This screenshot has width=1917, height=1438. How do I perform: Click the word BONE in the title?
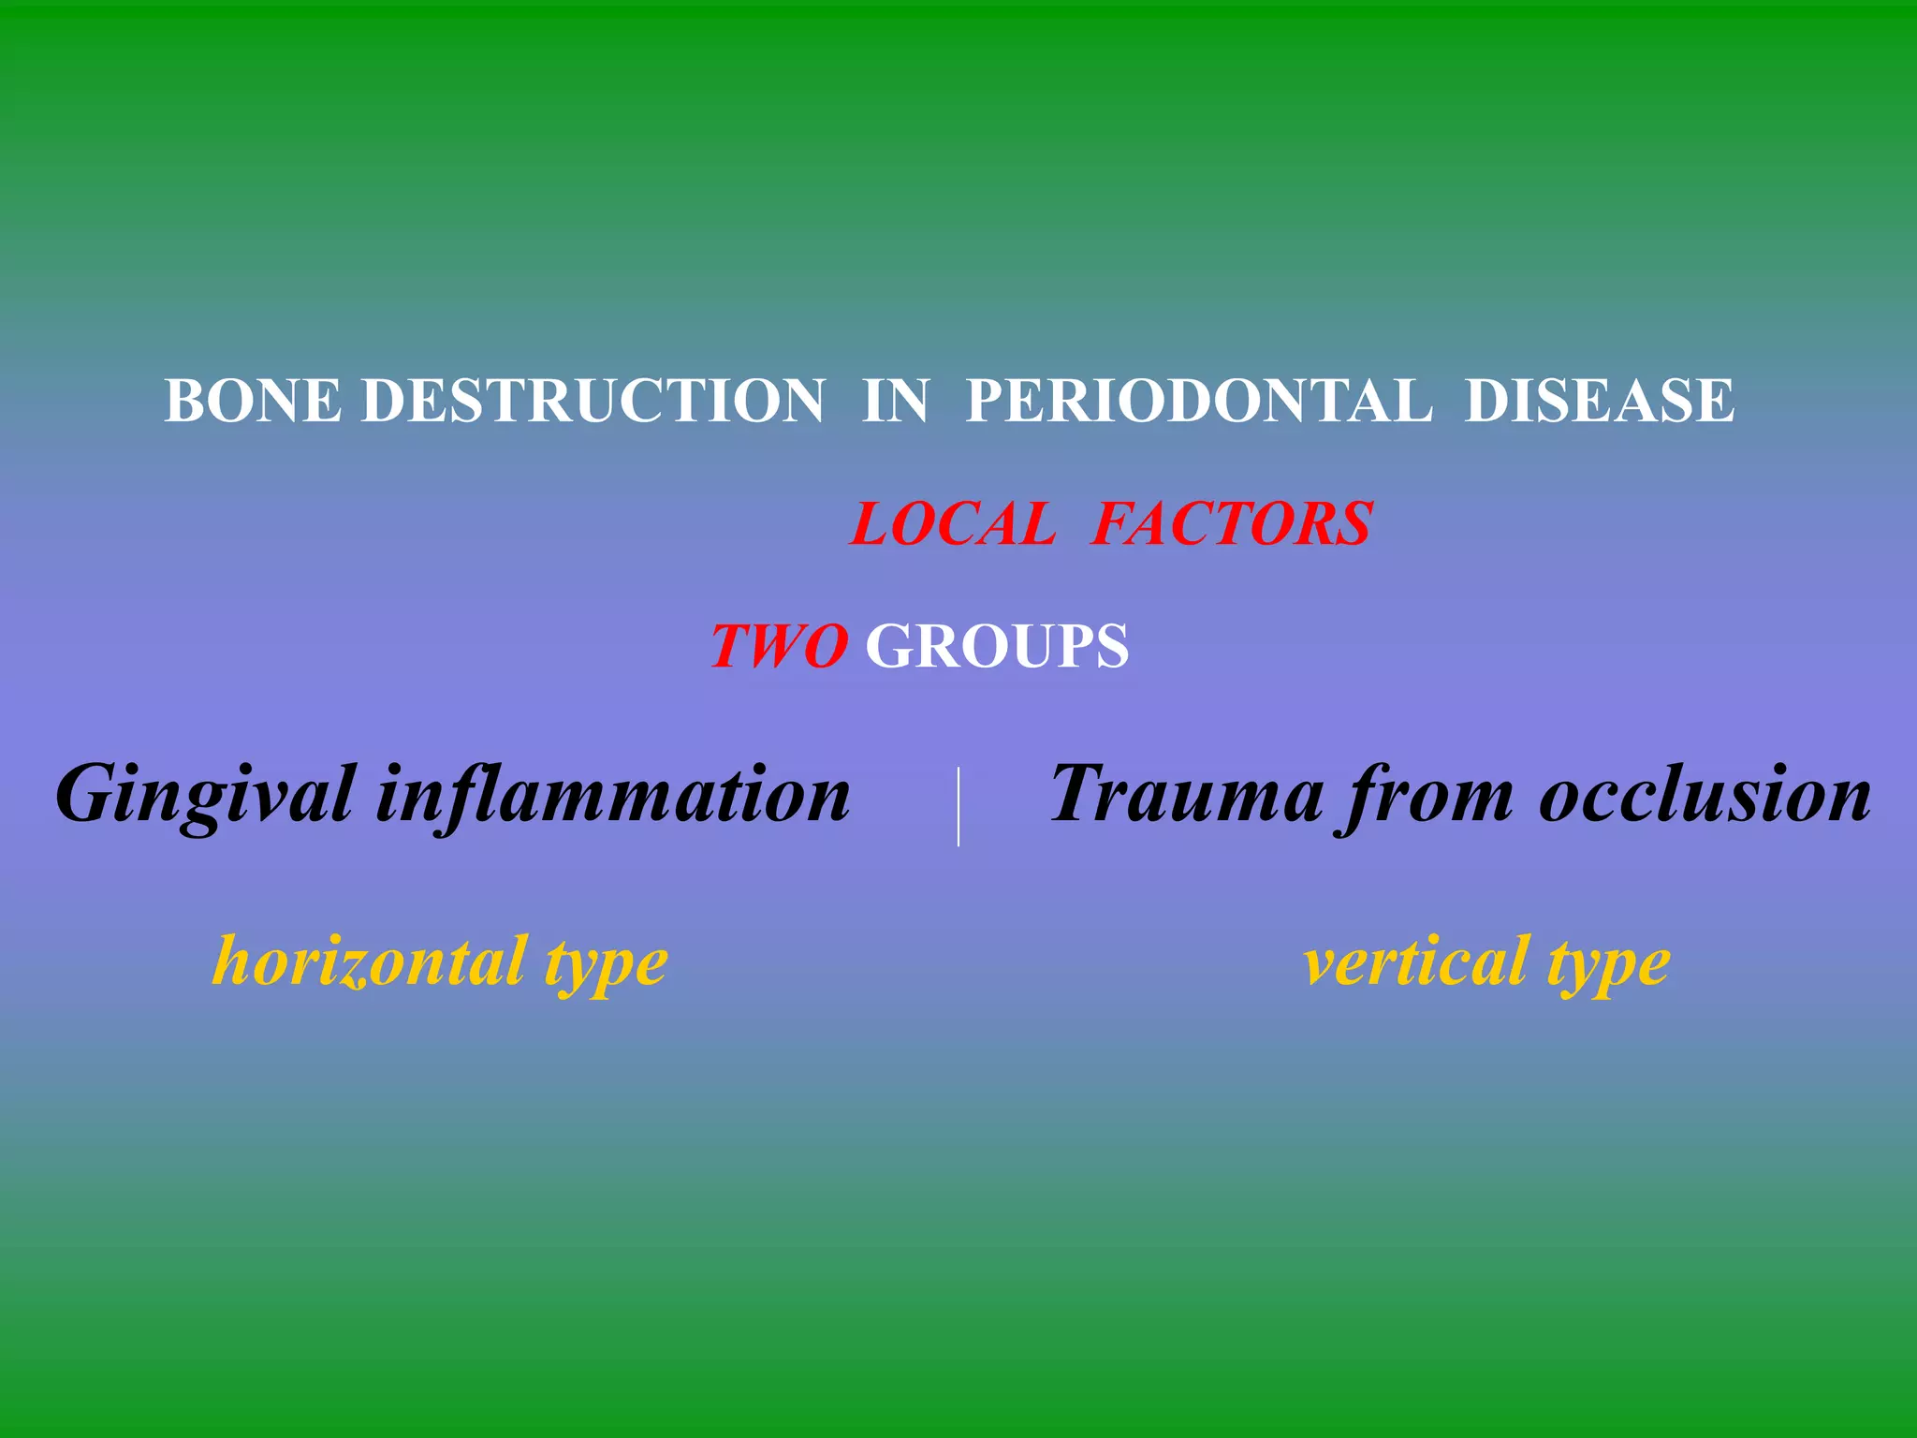click(253, 401)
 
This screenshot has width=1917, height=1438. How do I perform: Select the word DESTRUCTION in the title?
click(593, 401)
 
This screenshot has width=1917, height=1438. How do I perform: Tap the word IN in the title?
click(896, 401)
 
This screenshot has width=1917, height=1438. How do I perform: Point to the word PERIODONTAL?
click(1198, 401)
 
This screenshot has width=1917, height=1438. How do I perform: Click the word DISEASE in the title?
click(1600, 401)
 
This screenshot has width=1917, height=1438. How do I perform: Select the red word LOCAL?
click(954, 523)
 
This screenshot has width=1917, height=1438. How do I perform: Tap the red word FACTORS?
click(1233, 523)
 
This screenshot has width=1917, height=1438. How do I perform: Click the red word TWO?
click(780, 646)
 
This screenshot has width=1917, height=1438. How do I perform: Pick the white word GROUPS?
click(998, 646)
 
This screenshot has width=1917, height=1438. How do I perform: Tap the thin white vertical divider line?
click(958, 806)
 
